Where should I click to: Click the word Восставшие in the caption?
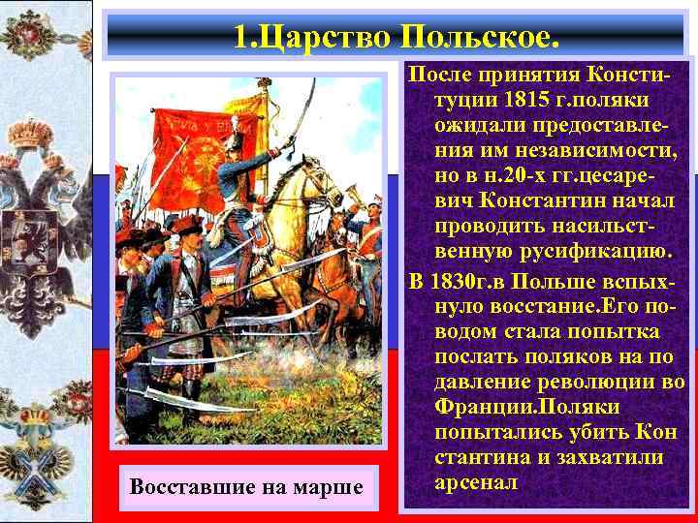(x=184, y=485)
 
